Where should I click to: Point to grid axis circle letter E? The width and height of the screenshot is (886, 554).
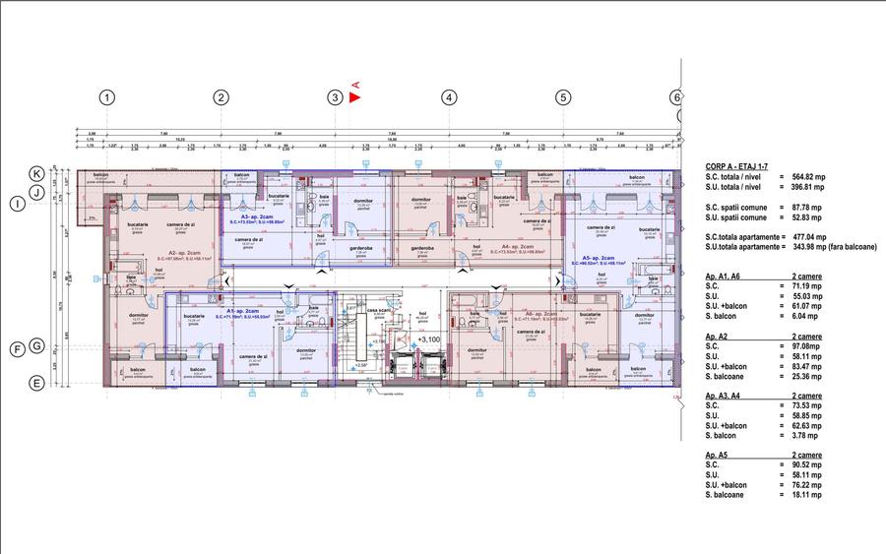(x=36, y=384)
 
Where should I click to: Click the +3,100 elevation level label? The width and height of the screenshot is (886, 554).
(x=427, y=339)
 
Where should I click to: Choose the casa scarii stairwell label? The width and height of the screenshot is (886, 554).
(x=375, y=309)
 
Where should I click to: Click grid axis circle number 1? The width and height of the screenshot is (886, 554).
(x=107, y=97)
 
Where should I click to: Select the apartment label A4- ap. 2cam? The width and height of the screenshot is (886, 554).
(x=518, y=247)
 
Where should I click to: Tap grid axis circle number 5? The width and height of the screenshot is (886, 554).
(x=563, y=97)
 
